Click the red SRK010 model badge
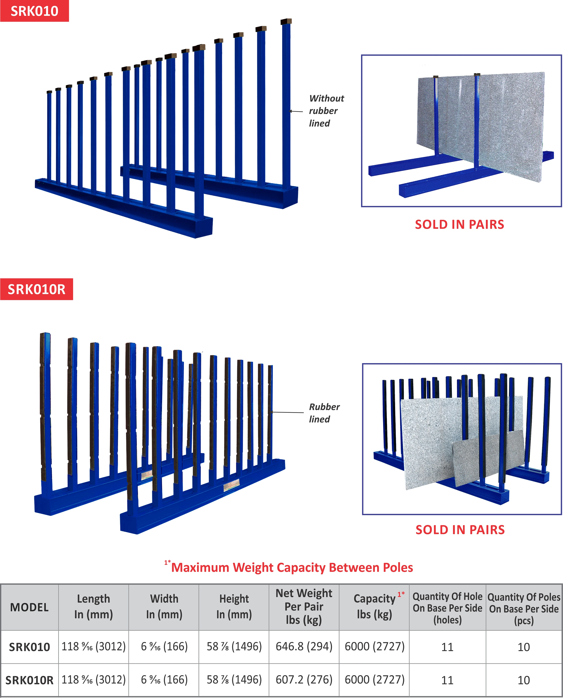(34, 11)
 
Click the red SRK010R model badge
(36, 289)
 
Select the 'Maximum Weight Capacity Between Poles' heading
(292, 567)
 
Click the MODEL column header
(29, 607)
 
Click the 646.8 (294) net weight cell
(304, 646)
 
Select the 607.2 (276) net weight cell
(304, 680)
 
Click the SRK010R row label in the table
(29, 680)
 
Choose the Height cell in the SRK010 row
(234, 646)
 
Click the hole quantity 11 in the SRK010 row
(447, 647)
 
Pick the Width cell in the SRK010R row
(164, 680)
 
